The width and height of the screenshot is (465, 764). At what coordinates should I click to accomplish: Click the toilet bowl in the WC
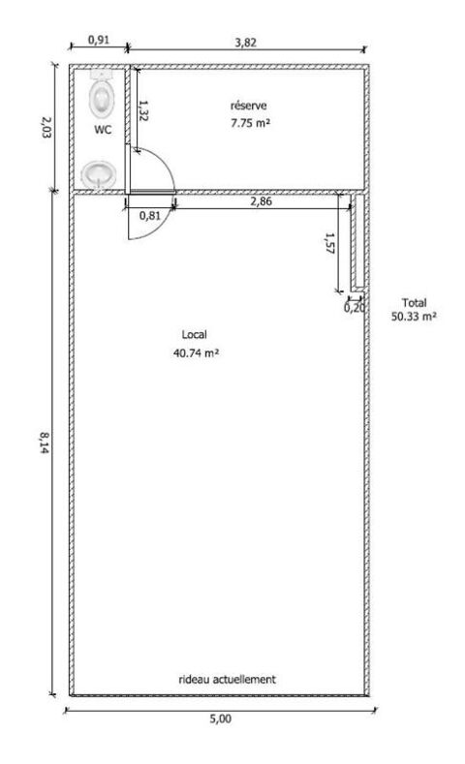click(x=102, y=95)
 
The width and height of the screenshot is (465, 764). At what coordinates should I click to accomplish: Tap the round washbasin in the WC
click(x=99, y=173)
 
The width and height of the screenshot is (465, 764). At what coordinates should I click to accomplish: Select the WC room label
click(x=103, y=130)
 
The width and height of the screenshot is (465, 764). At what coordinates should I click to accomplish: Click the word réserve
click(x=249, y=106)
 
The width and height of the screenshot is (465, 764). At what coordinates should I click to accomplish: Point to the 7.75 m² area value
click(x=250, y=123)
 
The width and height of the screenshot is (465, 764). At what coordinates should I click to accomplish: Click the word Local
click(x=194, y=335)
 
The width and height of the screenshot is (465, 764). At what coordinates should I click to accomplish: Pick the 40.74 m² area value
click(x=196, y=352)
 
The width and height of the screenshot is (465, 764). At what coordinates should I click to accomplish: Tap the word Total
click(x=414, y=302)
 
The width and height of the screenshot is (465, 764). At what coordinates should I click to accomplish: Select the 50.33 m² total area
click(x=414, y=317)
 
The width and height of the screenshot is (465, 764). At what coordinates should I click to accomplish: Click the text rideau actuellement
click(x=227, y=679)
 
